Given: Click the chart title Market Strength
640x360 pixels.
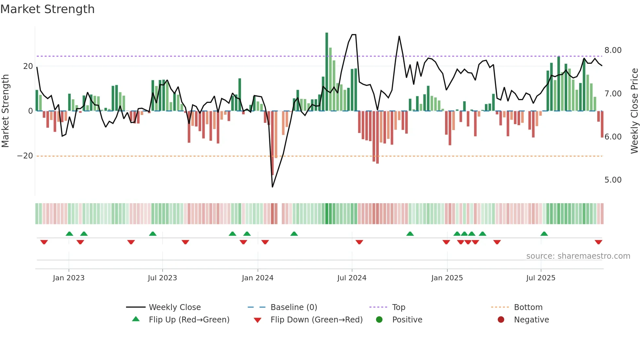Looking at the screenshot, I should [47, 9].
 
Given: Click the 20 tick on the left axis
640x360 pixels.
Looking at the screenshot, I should [28, 66].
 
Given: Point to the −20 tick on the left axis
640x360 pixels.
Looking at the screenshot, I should [25, 156].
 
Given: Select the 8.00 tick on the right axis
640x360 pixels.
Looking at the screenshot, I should [613, 50].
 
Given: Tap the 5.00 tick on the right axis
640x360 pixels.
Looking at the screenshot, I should [613, 180].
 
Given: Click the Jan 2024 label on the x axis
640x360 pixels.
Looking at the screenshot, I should [257, 278].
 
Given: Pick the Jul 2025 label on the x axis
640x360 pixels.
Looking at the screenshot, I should [540, 278].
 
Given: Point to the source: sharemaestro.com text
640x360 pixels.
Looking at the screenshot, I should [578, 256].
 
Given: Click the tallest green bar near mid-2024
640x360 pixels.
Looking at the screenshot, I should [327, 72].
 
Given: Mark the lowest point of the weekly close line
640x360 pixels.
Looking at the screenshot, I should [272, 187].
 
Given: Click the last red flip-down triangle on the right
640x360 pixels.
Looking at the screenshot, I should [598, 242].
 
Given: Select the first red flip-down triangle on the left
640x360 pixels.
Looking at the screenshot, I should [44, 242].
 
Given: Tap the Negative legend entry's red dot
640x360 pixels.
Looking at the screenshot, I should [501, 320].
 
